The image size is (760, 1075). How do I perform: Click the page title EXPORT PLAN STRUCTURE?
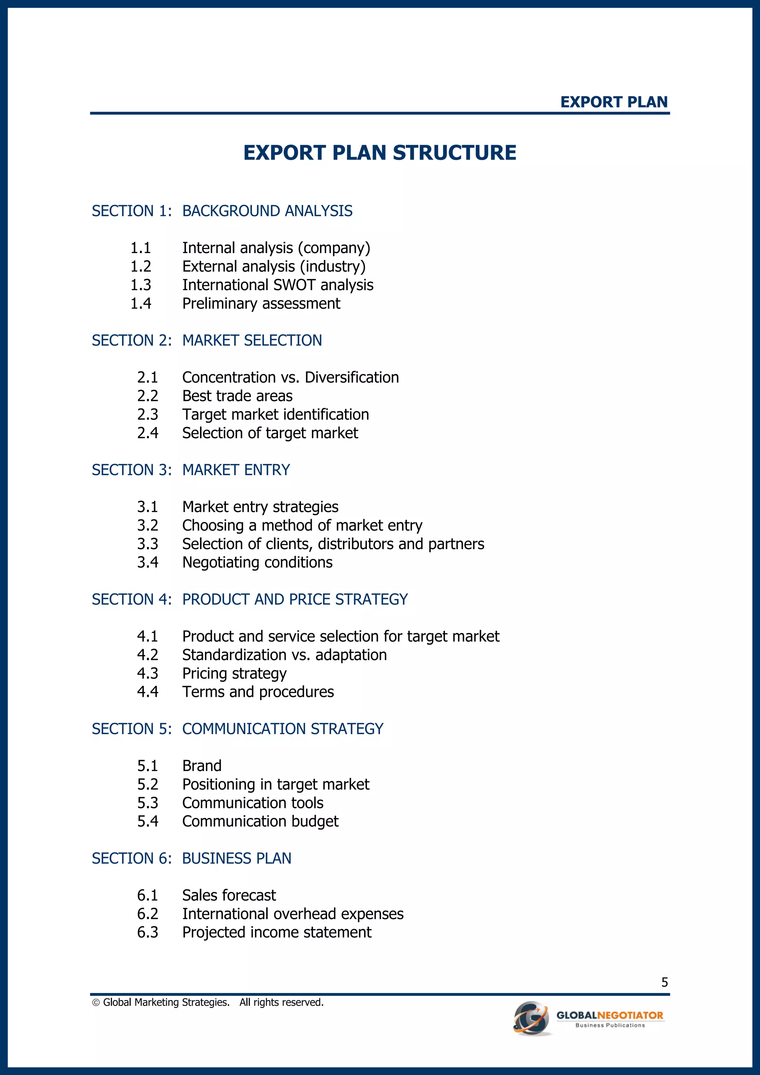coord(380,153)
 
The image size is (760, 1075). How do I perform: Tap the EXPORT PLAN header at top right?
coord(614,102)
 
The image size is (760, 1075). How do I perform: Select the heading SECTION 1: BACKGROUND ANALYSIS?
coord(222,211)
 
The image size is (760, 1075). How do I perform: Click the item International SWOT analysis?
coord(278,285)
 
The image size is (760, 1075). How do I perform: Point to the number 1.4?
coord(141,304)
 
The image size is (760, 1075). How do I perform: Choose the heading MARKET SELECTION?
coord(252,340)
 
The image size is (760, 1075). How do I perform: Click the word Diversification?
coord(352,377)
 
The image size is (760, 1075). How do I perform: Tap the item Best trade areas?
coord(237,396)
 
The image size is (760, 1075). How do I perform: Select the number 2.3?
coord(147,414)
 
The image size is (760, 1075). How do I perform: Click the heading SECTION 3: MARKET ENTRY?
coord(191,470)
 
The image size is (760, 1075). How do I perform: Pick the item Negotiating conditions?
coord(257,562)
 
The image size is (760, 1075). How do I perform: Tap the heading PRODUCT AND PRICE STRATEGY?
coord(295,599)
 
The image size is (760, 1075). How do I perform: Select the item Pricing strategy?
coord(234,673)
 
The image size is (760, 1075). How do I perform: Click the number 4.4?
coord(147,692)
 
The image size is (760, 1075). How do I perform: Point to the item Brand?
coord(202,766)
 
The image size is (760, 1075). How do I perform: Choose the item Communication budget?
coord(261,821)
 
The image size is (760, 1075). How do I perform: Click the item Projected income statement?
coord(277,932)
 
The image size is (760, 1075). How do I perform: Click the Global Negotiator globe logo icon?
coord(532,1018)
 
